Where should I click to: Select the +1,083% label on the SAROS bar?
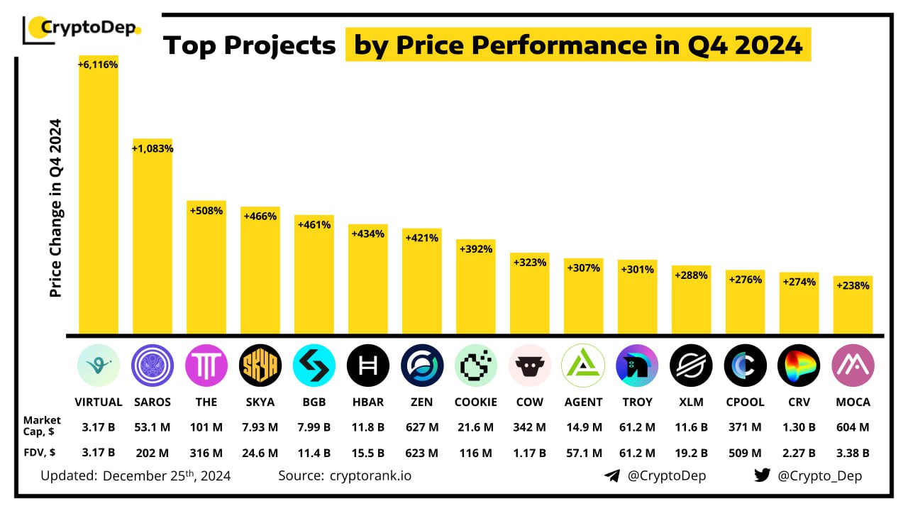coord(153,149)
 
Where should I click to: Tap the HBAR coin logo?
coord(367,366)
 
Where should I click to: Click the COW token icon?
coord(529,366)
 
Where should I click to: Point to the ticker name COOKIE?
coord(475,402)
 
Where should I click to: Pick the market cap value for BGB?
coord(314,427)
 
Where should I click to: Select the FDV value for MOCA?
coord(853,453)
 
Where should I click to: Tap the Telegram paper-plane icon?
coord(612,476)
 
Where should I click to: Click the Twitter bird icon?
coord(762,476)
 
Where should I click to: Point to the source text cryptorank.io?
coord(370,476)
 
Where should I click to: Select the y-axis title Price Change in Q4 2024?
coord(56,208)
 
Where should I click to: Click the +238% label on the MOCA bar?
coord(853,285)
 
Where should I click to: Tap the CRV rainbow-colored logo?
coord(799,366)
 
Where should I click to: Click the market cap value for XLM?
coord(691,427)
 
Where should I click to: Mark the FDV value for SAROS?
coord(152,453)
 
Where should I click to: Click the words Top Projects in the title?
coord(250,45)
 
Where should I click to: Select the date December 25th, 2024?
coord(167,476)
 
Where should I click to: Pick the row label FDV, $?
coord(42,453)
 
